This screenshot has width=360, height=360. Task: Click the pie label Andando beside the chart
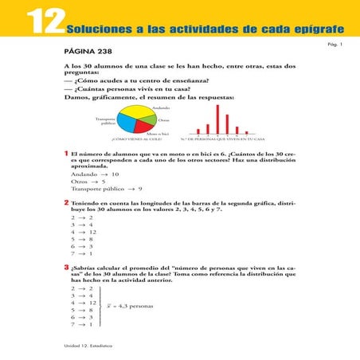pos(161,106)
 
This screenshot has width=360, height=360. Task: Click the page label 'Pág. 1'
pos(335,44)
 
